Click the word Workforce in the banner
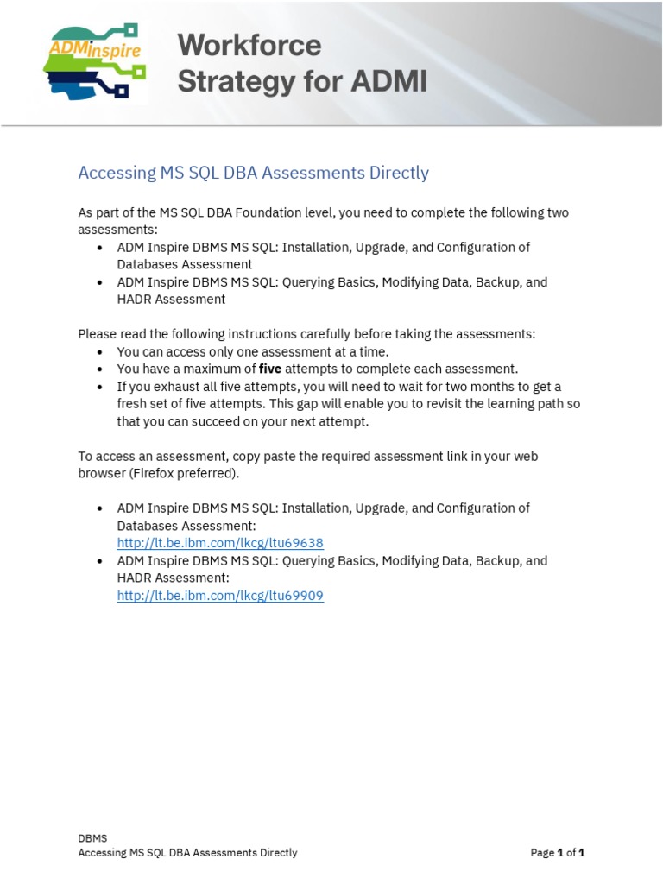pos(249,45)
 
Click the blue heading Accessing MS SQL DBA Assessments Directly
pos(253,173)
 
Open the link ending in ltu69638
pos(220,543)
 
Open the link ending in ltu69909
pos(220,596)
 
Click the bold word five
pos(270,369)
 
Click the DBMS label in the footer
pos(92,837)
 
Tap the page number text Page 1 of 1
pos(558,853)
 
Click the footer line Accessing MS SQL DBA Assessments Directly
pos(187,853)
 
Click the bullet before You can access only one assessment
pos(101,352)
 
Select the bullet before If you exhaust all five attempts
pos(101,387)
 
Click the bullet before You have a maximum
pos(101,369)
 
